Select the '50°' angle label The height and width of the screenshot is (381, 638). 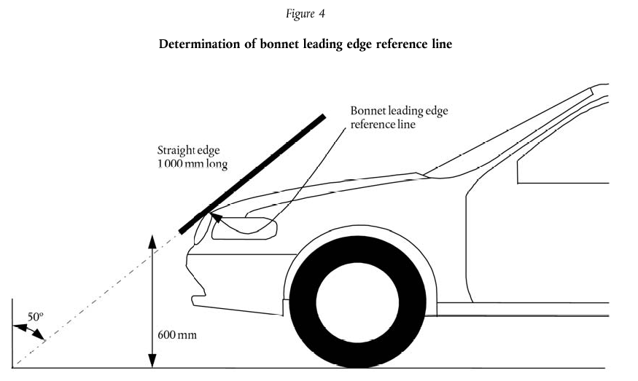(x=36, y=317)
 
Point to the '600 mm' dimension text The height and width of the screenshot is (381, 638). (x=176, y=336)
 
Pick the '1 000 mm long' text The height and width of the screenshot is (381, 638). (x=192, y=165)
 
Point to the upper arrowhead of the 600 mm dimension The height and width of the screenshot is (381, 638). (x=152, y=240)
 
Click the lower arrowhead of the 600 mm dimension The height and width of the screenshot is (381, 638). (x=152, y=362)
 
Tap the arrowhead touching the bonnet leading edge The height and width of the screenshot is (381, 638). (x=214, y=215)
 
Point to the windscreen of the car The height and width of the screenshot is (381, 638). (x=510, y=135)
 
